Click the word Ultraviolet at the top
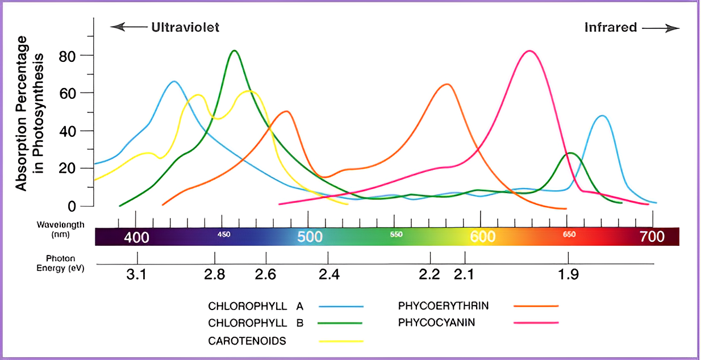(x=185, y=27)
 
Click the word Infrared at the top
(x=611, y=27)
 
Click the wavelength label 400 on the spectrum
(x=136, y=237)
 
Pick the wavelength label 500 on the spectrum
(x=310, y=237)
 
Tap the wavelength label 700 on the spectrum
(x=652, y=236)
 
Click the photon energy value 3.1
(x=136, y=275)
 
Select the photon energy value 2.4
(x=329, y=275)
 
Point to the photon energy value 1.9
(x=568, y=275)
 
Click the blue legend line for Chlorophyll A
(x=341, y=306)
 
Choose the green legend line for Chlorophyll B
(x=341, y=323)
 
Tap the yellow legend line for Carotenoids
(x=341, y=341)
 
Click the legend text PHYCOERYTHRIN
(x=443, y=306)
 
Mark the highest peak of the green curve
(x=234, y=51)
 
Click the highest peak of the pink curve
(x=529, y=51)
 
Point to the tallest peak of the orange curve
(x=447, y=84)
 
